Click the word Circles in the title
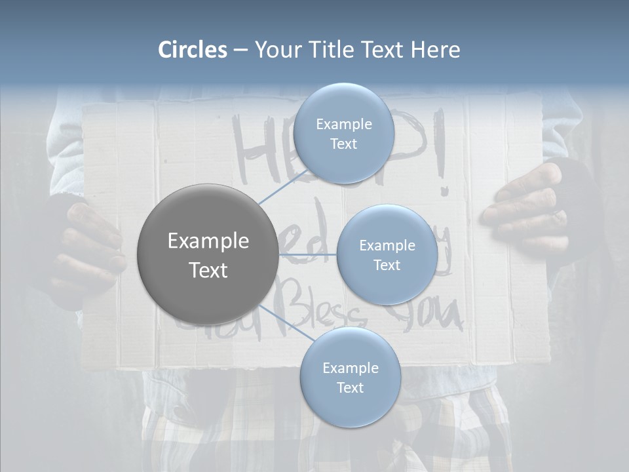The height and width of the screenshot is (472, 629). click(x=192, y=50)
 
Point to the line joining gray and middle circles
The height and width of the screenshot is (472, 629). click(x=308, y=254)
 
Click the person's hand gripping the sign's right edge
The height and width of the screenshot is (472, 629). click(x=524, y=210)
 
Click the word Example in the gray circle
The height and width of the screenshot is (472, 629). click(x=208, y=241)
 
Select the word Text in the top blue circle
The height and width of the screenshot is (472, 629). click(x=343, y=144)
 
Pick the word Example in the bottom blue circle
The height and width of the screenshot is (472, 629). click(x=350, y=368)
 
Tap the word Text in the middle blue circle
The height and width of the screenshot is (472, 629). click(x=387, y=265)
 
